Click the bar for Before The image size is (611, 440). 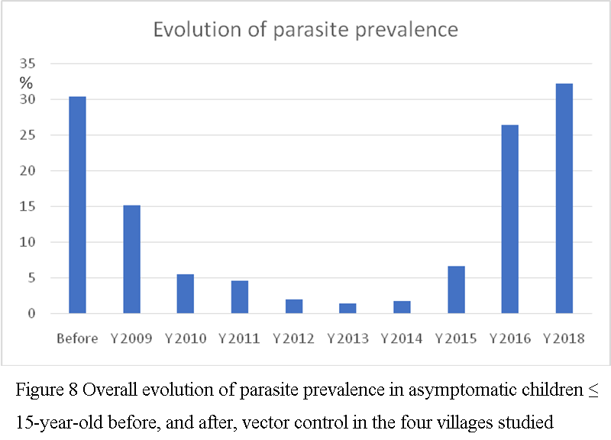[x=78, y=205]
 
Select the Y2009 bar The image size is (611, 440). [x=131, y=259]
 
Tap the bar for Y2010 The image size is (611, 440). [x=186, y=294]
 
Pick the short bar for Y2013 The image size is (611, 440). [x=348, y=309]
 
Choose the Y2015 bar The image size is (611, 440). [x=456, y=290]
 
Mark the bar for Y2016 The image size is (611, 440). [x=510, y=219]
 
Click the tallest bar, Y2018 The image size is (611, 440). [x=564, y=199]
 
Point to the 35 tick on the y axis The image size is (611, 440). [x=27, y=63]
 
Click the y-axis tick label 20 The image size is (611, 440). [x=27, y=170]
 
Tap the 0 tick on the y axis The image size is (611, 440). [x=31, y=313]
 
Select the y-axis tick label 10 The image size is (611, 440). [x=27, y=242]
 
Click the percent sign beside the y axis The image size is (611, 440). [x=26, y=82]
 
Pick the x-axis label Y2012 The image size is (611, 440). [x=293, y=338]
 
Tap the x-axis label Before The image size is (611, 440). [x=77, y=338]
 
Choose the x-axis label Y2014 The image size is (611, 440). [x=402, y=338]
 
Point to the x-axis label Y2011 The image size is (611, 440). [x=239, y=338]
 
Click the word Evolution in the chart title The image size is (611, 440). [x=198, y=30]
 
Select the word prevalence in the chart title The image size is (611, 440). [x=406, y=31]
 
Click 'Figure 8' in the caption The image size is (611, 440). [x=47, y=390]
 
